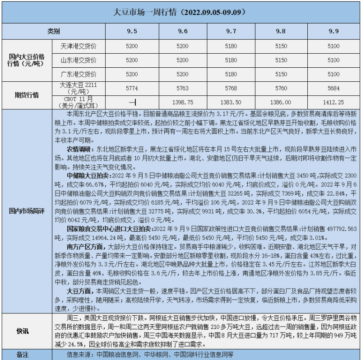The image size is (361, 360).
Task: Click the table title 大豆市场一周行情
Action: [x=180, y=13]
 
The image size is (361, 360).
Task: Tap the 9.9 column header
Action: [x=333, y=31]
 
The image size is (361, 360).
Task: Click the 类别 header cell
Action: [x=54, y=31]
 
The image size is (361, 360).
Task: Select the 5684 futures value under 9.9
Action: [x=333, y=89]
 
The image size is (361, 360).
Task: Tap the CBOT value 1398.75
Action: [x=183, y=103]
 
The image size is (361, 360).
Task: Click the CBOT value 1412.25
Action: [x=333, y=103]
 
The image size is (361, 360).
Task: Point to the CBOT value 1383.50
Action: [x=233, y=103]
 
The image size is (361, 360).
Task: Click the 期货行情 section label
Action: [x=27, y=95]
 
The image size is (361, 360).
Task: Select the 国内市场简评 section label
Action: [x=27, y=212]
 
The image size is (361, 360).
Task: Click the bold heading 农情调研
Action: [x=80, y=148]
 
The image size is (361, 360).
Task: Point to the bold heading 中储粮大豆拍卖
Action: [x=87, y=175]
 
